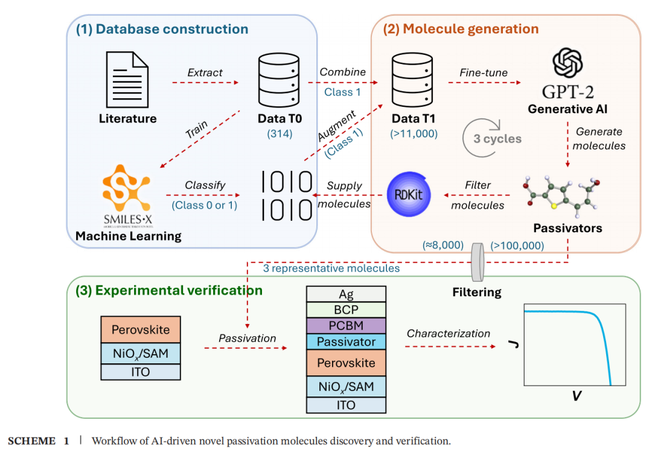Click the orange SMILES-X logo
pyautogui.click(x=128, y=187)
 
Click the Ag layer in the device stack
pyautogui.click(x=346, y=294)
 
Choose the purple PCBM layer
pyautogui.click(x=346, y=326)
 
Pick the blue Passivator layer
pyautogui.click(x=346, y=342)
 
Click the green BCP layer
pyautogui.click(x=346, y=310)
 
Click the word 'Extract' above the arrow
pyautogui.click(x=205, y=72)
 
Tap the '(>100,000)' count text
pyautogui.click(x=517, y=245)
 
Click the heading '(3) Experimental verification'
pyautogui.click(x=169, y=290)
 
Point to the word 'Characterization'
pyautogui.click(x=449, y=333)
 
